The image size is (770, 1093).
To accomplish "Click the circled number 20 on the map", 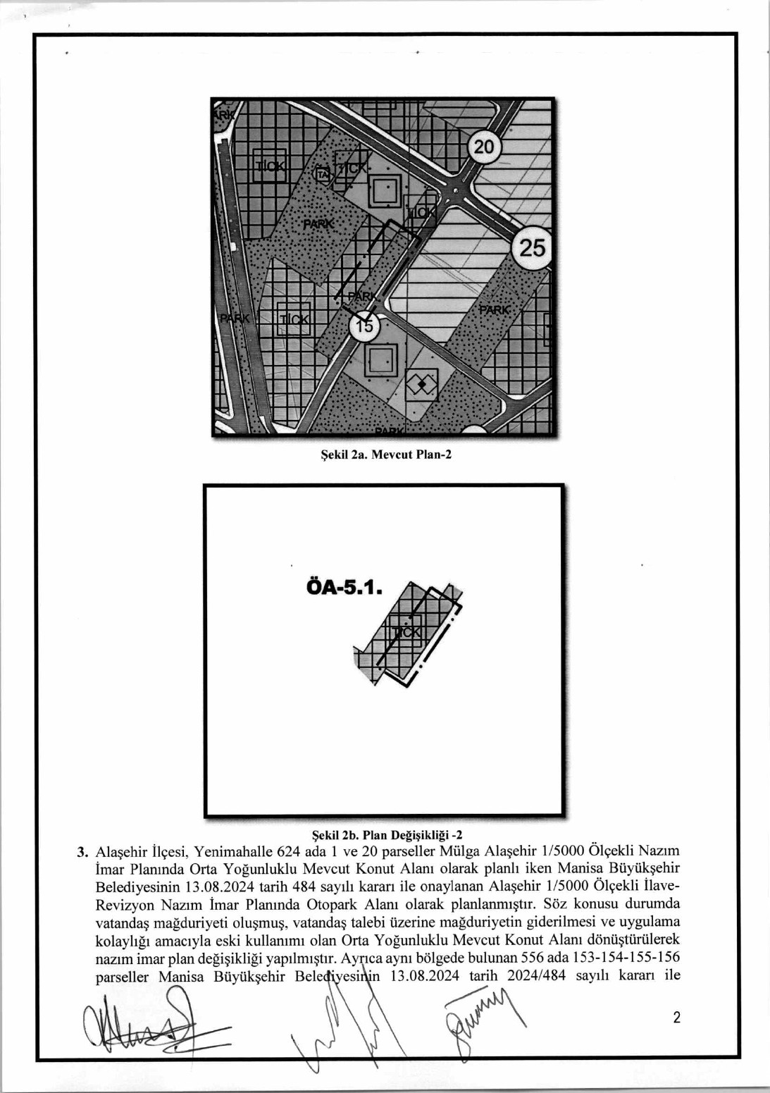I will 484,147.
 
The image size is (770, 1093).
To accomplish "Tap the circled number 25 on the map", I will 532,248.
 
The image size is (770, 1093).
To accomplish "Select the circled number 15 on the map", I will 364,326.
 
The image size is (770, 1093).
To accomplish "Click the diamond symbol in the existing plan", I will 421,384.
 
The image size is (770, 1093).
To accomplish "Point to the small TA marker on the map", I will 323,173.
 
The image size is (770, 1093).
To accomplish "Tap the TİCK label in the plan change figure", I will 406,632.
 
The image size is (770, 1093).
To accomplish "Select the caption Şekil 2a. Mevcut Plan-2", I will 386,455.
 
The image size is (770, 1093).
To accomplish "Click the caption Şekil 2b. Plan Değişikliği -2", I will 387,836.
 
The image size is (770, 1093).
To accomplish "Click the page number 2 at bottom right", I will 677,1018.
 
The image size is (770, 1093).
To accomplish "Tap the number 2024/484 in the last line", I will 536,976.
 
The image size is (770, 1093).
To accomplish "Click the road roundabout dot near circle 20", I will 456,191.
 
